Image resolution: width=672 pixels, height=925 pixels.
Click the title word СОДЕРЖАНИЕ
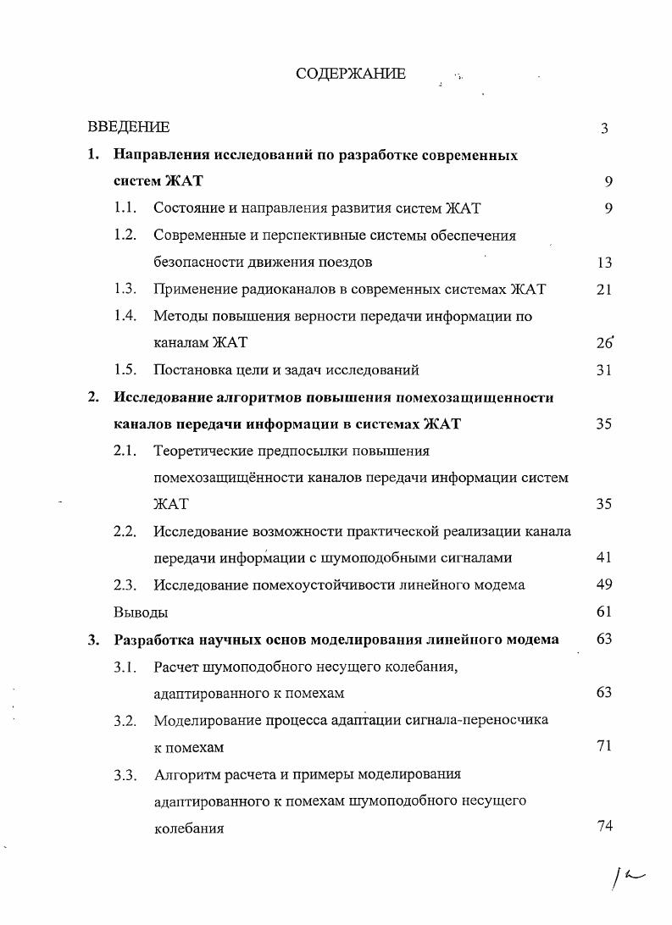tap(350, 74)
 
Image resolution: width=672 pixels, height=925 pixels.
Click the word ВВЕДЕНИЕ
tap(129, 127)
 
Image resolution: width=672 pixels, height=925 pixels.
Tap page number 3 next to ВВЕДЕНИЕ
tap(604, 128)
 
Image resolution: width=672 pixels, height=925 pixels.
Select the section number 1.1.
tap(125, 208)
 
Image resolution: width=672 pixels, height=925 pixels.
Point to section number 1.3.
tap(125, 289)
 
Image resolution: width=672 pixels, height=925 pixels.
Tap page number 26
tap(603, 343)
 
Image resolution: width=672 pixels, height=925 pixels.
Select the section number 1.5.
tap(125, 369)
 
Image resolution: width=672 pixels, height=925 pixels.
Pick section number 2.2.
tap(125, 531)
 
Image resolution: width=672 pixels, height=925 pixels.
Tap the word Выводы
tap(141, 612)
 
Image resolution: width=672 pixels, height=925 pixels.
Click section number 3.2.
tap(125, 721)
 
